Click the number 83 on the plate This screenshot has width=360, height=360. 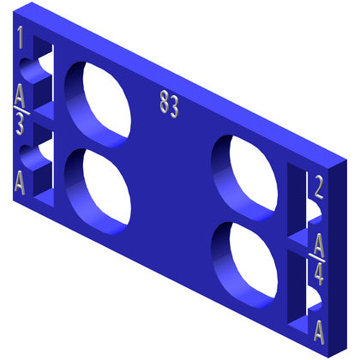pyautogui.click(x=169, y=105)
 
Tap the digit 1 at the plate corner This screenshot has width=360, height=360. pyautogui.click(x=20, y=37)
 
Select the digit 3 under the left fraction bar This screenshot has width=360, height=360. pyautogui.click(x=20, y=123)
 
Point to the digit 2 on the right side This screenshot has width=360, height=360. pyautogui.click(x=319, y=187)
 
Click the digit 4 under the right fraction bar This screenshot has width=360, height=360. pyautogui.click(x=319, y=274)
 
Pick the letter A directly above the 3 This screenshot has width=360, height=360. pyautogui.click(x=20, y=95)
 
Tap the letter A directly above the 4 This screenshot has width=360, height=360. pyautogui.click(x=319, y=245)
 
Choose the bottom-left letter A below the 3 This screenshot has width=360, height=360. pyautogui.click(x=20, y=183)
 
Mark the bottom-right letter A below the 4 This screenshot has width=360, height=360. pyautogui.click(x=319, y=333)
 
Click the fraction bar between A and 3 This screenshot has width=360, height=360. pyautogui.click(x=21, y=111)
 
